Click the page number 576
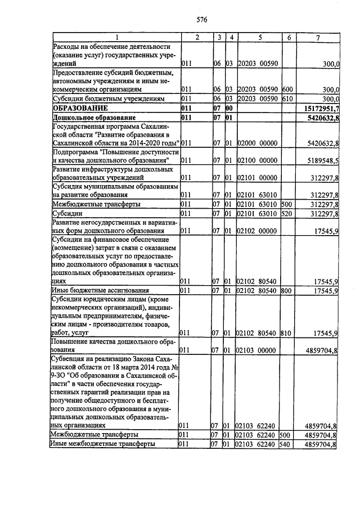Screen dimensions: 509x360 (202, 20)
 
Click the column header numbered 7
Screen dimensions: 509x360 (318, 37)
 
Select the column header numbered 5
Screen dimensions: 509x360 (259, 37)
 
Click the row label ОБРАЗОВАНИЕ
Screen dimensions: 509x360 (79, 107)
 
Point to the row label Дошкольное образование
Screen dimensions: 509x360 (94, 117)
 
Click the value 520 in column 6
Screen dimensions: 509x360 (286, 214)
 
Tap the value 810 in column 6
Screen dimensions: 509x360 (286, 334)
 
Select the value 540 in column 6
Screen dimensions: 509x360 (286, 444)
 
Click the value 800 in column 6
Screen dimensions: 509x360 (286, 291)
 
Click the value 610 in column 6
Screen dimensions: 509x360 (286, 98)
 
